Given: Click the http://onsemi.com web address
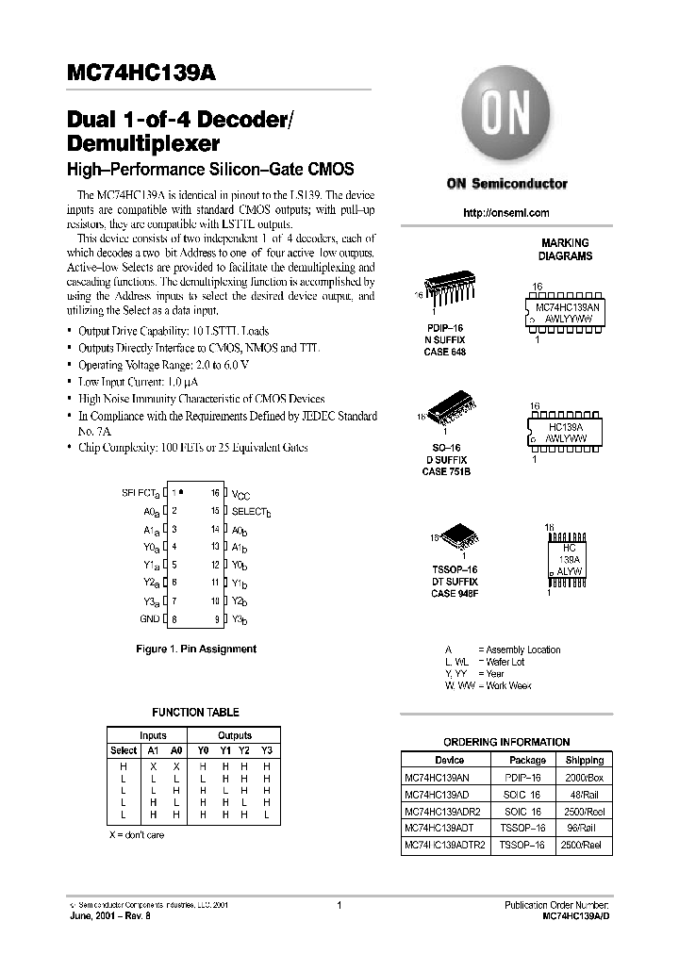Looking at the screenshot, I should pyautogui.click(x=505, y=213).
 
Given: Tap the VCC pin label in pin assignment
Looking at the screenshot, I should pyautogui.click(x=241, y=493).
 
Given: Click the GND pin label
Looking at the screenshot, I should pyautogui.click(x=149, y=618).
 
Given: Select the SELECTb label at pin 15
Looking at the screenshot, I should pyautogui.click(x=251, y=511).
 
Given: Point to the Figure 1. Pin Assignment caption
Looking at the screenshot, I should pyautogui.click(x=195, y=649).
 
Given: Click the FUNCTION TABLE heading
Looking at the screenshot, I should pyautogui.click(x=195, y=713).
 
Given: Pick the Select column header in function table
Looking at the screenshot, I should pyautogui.click(x=124, y=750).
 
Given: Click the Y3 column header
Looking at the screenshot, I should pyautogui.click(x=266, y=750).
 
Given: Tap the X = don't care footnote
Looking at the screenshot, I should pyautogui.click(x=136, y=835).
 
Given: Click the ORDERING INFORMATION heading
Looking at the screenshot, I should pyautogui.click(x=506, y=742).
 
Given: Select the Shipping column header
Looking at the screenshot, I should pyautogui.click(x=585, y=760).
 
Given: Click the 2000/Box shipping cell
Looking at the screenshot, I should pyautogui.click(x=585, y=777).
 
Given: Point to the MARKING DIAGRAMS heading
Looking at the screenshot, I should pyautogui.click(x=565, y=249).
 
